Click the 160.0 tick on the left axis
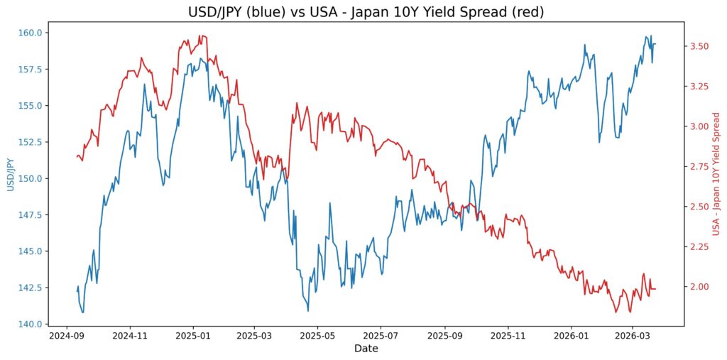pos(29,33)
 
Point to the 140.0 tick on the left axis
pos(29,324)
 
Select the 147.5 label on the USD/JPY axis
pos(29,215)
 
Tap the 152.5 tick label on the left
pos(29,142)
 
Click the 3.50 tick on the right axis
pos(699,46)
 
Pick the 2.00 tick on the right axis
pos(699,287)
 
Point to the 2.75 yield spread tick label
pos(699,167)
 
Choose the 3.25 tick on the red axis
pos(699,87)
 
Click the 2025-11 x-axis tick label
pos(508,335)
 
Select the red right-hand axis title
pos(716,174)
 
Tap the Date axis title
pos(366,349)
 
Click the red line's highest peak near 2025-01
pos(201,36)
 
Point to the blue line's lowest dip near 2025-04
pos(308,311)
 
